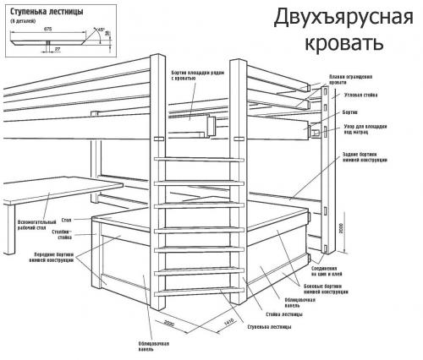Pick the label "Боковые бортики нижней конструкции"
click(325, 290)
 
